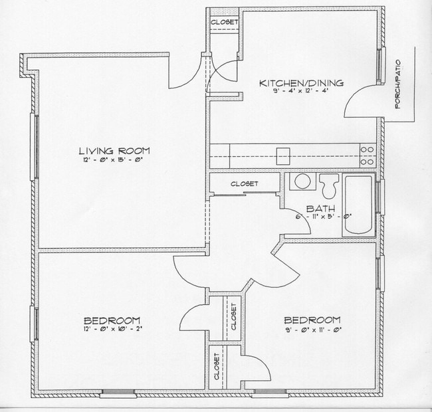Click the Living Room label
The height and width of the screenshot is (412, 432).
(x=114, y=150)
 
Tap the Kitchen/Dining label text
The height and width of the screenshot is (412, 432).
(x=301, y=83)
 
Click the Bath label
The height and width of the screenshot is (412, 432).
(x=320, y=209)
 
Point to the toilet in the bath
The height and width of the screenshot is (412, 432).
(x=329, y=184)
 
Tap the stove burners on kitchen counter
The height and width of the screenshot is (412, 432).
(x=368, y=155)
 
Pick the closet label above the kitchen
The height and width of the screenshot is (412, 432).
(x=224, y=22)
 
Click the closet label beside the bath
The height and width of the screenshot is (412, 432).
(x=244, y=183)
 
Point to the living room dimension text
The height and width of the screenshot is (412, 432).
(x=114, y=159)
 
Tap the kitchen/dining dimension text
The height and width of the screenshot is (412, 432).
(x=301, y=92)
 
